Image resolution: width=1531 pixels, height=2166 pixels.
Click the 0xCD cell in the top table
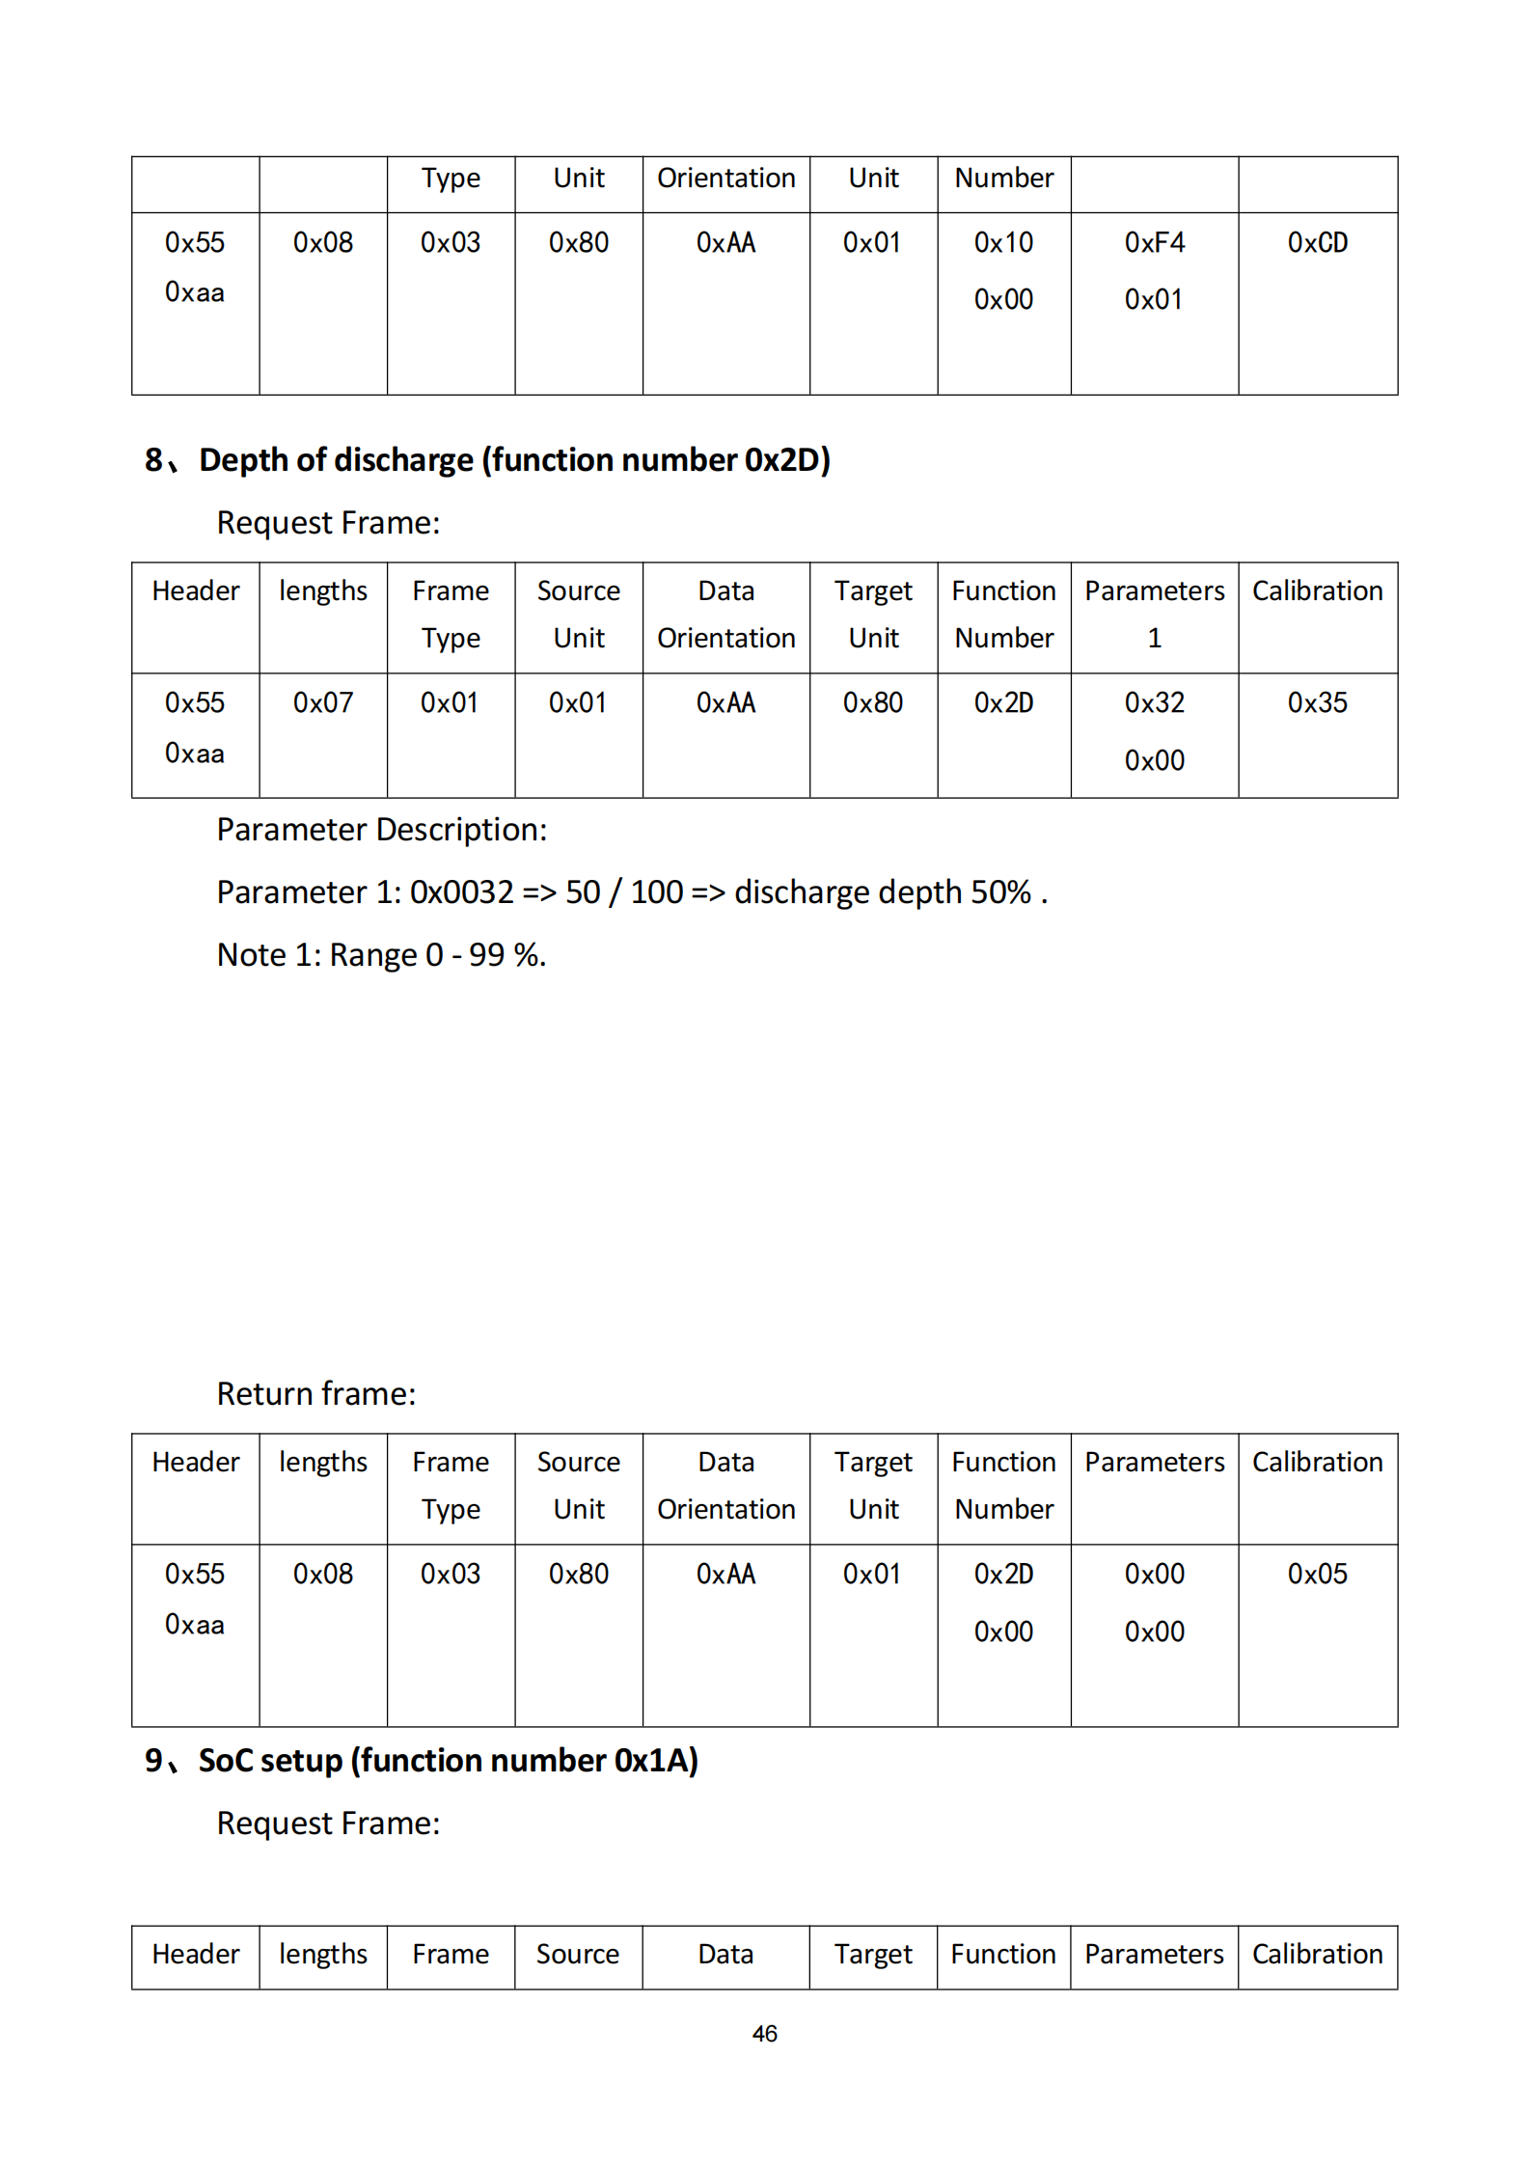(x=1317, y=243)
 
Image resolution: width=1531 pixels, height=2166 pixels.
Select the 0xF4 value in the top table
(x=1154, y=243)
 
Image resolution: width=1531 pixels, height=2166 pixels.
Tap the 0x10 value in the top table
(x=1003, y=243)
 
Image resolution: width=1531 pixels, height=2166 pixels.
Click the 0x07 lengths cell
(x=323, y=703)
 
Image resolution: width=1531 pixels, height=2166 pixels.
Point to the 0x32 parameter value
(x=1154, y=703)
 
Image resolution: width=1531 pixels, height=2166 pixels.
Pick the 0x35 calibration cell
(x=1317, y=703)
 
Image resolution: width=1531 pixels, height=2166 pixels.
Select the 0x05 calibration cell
(x=1317, y=1575)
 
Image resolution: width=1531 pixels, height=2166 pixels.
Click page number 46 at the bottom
(x=764, y=2034)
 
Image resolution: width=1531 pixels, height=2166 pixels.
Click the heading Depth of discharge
(x=513, y=460)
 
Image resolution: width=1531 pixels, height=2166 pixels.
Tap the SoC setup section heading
(x=448, y=1761)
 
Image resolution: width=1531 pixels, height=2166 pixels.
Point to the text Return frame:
(x=316, y=1394)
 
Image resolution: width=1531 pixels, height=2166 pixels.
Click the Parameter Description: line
(x=381, y=830)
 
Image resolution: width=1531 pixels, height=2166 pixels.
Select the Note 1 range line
(x=381, y=955)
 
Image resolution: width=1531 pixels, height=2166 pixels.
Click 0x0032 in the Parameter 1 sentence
(x=461, y=892)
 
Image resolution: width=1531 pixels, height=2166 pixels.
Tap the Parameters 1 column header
(x=1154, y=615)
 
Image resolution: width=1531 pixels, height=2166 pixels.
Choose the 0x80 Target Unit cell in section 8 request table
(x=873, y=703)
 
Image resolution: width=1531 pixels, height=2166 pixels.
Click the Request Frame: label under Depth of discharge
(x=328, y=523)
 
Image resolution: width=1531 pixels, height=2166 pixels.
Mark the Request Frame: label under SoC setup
(x=328, y=1823)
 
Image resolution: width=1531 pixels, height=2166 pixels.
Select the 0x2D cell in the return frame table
(x=1003, y=1575)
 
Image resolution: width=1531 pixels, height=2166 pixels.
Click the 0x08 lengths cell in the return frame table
(x=323, y=1575)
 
